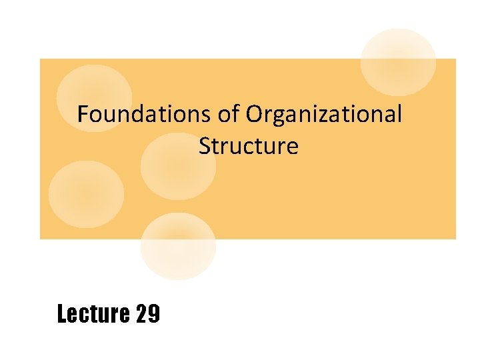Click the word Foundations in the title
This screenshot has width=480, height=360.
tap(145, 115)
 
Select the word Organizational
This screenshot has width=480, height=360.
tap(324, 115)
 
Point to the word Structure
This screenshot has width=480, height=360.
tap(248, 146)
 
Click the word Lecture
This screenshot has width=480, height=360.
tap(93, 313)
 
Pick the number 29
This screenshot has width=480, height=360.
tap(147, 313)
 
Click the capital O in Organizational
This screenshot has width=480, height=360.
tap(255, 115)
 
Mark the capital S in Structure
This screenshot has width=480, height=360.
tap(205, 146)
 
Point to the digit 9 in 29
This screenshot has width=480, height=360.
tap(154, 313)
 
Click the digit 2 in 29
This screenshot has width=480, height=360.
tap(141, 313)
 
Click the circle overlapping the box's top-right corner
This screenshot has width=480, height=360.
tap(398, 61)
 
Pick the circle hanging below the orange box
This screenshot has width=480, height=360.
tap(178, 245)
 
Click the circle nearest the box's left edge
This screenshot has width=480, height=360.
tap(86, 194)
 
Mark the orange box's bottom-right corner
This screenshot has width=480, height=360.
tap(455, 238)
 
